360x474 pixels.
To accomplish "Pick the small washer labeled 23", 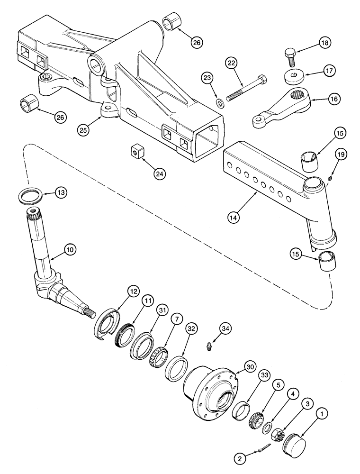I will (x=219, y=103).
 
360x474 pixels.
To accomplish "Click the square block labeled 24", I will (x=136, y=152).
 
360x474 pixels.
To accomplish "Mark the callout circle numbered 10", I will (x=70, y=249).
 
